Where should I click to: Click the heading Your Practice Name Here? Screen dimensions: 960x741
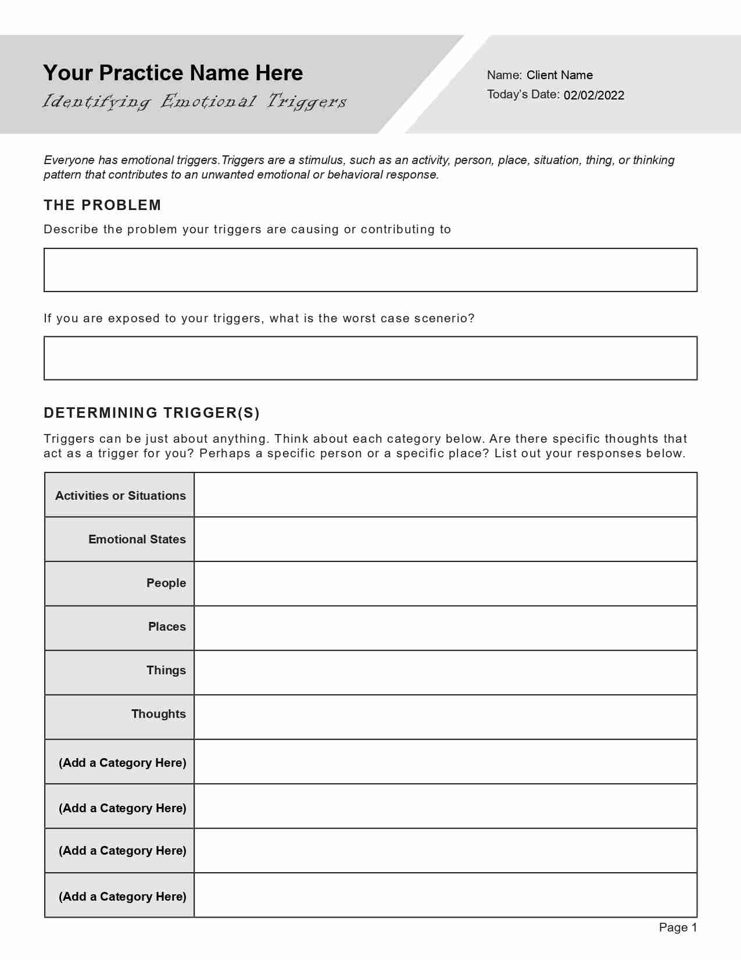coord(173,73)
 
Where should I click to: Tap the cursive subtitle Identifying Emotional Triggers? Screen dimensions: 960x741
coord(195,102)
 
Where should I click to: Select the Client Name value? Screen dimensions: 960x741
coord(559,75)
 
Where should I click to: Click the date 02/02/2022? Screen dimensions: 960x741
coord(593,95)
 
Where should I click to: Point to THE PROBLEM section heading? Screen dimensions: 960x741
coord(102,205)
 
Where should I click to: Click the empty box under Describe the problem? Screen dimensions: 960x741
coord(370,270)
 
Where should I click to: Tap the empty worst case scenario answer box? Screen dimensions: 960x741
coord(370,358)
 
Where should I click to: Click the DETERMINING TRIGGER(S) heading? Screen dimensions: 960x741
coord(152,413)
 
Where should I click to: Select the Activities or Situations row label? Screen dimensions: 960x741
coord(120,496)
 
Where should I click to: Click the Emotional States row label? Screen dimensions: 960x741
coord(137,539)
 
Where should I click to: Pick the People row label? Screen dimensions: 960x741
coord(166,583)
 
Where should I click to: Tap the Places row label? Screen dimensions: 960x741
coord(167,627)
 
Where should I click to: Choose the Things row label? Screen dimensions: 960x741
coord(166,670)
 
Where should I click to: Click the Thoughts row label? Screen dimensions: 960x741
coord(158,714)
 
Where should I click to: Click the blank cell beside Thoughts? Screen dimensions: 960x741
coord(445,717)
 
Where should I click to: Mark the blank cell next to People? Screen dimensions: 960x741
coord(445,584)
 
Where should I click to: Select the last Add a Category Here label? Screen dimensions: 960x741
coord(122,897)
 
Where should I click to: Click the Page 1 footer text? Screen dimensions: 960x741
coord(678,927)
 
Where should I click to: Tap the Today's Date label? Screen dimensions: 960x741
coord(523,95)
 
